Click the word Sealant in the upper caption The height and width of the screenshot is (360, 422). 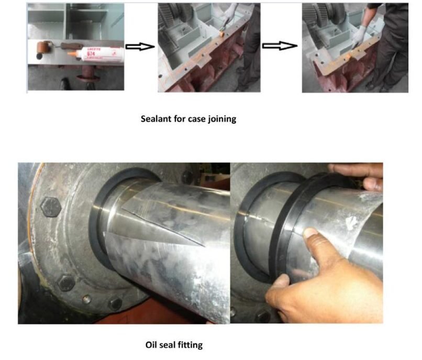(x=157, y=119)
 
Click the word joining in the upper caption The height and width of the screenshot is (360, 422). (x=221, y=119)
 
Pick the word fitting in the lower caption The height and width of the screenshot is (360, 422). (x=190, y=345)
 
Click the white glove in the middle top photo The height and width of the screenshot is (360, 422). (x=231, y=10)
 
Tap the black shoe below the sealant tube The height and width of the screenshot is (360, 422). (x=65, y=83)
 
